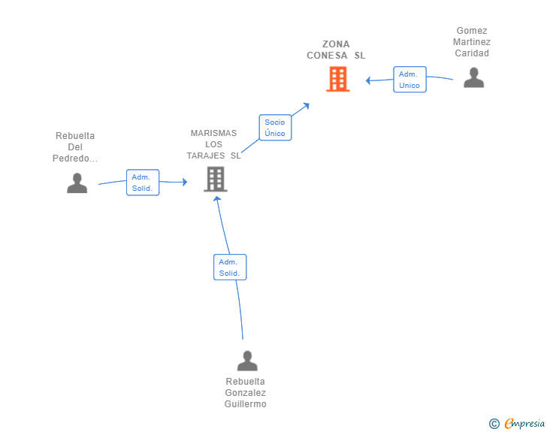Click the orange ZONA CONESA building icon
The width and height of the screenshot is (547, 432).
point(337,79)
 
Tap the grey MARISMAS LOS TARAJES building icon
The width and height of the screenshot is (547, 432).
point(216,179)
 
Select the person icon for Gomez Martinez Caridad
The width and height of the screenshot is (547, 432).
point(473,77)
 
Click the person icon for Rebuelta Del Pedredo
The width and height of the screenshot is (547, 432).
point(77,183)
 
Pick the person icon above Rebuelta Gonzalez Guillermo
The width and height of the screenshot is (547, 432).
point(247,361)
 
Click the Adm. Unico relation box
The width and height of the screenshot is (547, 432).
point(410,80)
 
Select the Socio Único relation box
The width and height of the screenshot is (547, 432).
point(275,128)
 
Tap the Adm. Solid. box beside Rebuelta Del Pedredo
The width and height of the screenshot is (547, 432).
point(143,183)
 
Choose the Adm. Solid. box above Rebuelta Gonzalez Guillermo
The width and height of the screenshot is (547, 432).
point(230,267)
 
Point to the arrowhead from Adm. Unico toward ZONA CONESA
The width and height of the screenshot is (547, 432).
point(367,80)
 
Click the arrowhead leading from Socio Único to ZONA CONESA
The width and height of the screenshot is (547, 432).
point(307,105)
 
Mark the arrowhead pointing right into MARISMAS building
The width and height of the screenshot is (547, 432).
point(185,182)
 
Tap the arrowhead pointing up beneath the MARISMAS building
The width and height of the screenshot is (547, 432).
point(217,198)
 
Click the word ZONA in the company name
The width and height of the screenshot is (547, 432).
point(336,44)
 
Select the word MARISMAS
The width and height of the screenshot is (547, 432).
point(213,133)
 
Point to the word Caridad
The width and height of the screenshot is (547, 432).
point(472,53)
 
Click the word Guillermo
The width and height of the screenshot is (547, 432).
point(245,404)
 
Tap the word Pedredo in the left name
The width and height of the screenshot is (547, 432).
point(71,159)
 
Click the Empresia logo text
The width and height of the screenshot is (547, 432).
point(524,423)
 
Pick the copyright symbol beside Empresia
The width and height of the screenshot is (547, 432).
point(494,424)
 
